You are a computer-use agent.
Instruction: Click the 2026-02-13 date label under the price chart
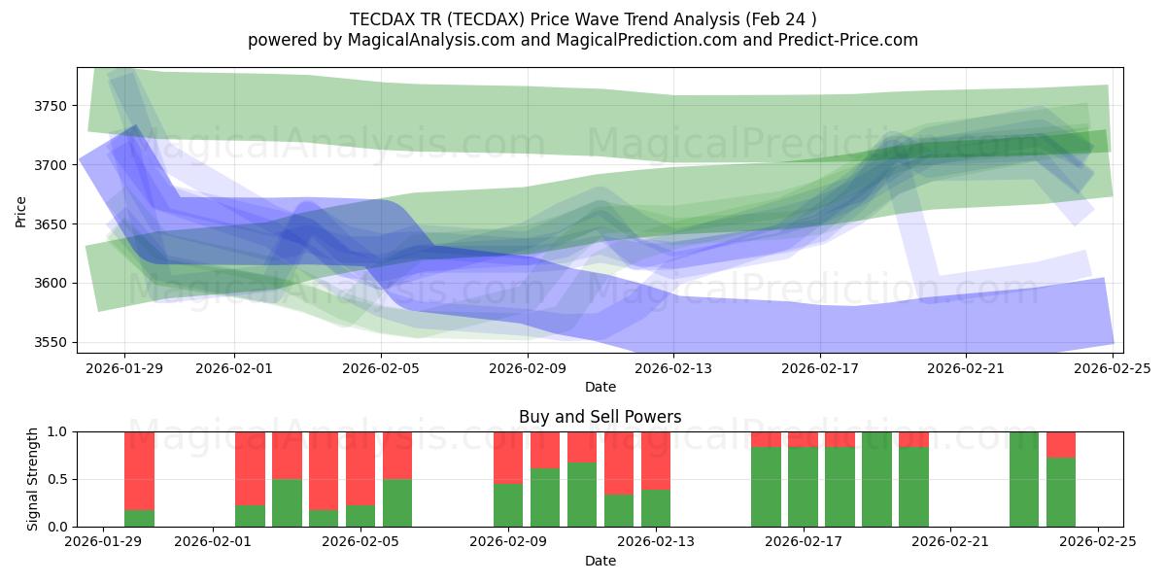click(673, 369)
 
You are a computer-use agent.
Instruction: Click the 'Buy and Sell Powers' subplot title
click(600, 417)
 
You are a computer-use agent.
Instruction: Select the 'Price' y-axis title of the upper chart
click(20, 210)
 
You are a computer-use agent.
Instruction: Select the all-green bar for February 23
click(1024, 479)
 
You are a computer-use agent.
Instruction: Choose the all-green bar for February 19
click(876, 479)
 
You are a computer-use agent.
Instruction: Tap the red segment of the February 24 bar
click(1061, 445)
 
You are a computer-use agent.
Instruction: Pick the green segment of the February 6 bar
click(397, 503)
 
